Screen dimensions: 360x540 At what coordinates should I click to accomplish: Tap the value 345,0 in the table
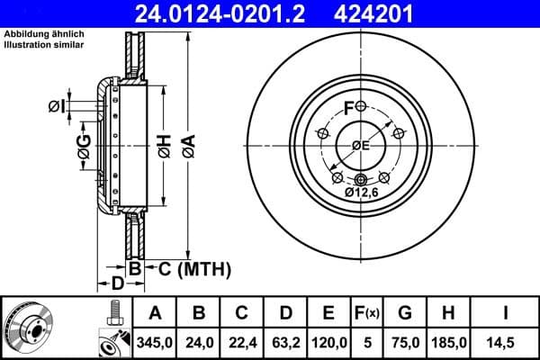pyautogui.click(x=155, y=343)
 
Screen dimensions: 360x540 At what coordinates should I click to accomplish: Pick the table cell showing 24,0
pyautogui.click(x=199, y=343)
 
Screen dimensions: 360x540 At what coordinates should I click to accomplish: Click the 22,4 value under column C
pyautogui.click(x=242, y=343)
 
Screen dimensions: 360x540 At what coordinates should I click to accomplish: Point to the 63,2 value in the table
pyautogui.click(x=285, y=343)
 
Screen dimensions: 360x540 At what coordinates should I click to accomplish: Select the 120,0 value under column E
pyautogui.click(x=329, y=343)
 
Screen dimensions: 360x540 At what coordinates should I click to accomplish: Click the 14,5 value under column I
pyautogui.click(x=507, y=343)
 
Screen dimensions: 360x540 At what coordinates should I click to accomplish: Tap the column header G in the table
pyautogui.click(x=404, y=313)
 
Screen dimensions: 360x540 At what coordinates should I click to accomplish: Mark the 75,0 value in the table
pyautogui.click(x=404, y=343)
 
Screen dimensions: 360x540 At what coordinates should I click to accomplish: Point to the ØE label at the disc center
pyautogui.click(x=361, y=146)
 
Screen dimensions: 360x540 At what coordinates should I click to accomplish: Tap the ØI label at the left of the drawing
pyautogui.click(x=56, y=107)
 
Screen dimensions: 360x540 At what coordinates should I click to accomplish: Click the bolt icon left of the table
pyautogui.click(x=113, y=314)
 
